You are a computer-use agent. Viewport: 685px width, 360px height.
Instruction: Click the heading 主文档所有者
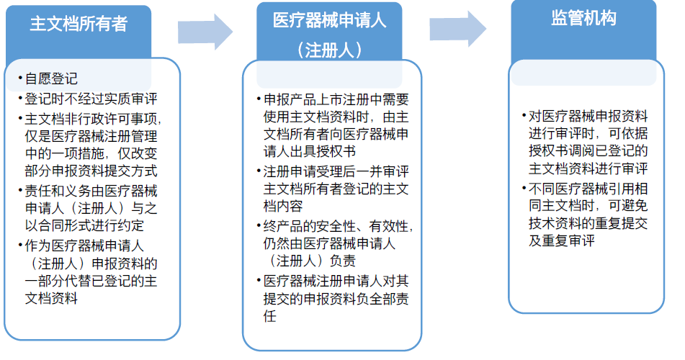(x=79, y=24)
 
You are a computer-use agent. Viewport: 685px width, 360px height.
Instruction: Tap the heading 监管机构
(x=583, y=18)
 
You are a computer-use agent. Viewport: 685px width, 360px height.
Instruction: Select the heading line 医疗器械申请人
(x=329, y=21)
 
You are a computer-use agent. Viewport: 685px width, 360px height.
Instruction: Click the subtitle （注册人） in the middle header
(x=329, y=50)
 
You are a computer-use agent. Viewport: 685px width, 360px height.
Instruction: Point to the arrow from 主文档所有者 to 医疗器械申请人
(x=205, y=32)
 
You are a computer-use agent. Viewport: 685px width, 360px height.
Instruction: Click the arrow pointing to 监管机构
(x=458, y=29)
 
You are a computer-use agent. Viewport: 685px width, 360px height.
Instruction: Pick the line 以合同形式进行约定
(x=84, y=225)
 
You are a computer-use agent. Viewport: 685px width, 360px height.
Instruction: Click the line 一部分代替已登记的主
(x=91, y=281)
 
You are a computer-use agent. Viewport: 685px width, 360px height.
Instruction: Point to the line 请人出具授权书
(x=309, y=152)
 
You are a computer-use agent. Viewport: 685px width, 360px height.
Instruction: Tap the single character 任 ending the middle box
(x=270, y=316)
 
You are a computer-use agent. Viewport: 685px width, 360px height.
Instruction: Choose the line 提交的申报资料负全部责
(x=336, y=299)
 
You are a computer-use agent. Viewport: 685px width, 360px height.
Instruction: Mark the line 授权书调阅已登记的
(x=588, y=150)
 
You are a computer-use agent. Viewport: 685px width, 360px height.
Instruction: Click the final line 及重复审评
(x=561, y=240)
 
